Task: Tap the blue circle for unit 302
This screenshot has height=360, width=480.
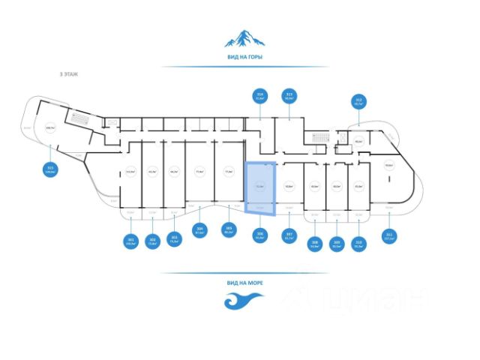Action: click(x=152, y=241)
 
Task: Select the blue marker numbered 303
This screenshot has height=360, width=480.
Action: click(x=174, y=241)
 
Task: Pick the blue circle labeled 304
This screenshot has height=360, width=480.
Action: click(x=200, y=231)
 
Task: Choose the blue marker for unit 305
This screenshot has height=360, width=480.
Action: click(x=229, y=231)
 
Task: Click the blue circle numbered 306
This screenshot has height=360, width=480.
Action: click(x=260, y=235)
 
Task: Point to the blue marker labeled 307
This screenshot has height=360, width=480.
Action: click(x=289, y=236)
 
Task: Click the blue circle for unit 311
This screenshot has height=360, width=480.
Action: click(x=388, y=235)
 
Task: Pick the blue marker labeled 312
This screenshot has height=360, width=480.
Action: click(x=358, y=102)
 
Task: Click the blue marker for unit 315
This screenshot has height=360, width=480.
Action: click(x=51, y=169)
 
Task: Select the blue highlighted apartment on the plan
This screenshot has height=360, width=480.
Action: click(x=262, y=187)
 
